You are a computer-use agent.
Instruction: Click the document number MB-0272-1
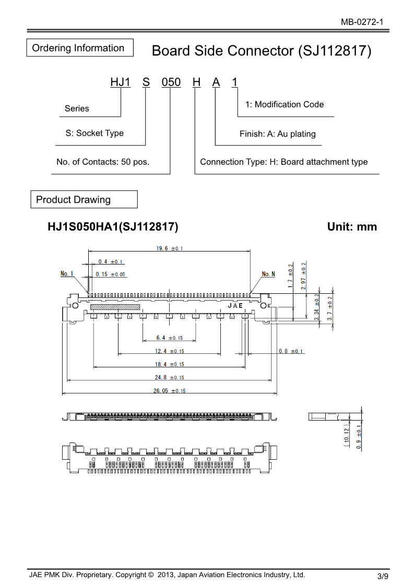(362, 22)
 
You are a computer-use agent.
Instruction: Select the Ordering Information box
(79, 48)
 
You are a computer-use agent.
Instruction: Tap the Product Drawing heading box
(84, 200)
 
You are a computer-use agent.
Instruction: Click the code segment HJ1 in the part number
(120, 82)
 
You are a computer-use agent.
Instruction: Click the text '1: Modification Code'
(285, 104)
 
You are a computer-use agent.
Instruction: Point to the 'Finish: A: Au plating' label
(278, 134)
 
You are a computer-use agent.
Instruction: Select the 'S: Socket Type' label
(94, 133)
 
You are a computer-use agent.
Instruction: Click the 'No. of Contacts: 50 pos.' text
(103, 162)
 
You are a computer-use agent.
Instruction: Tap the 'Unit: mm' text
(352, 227)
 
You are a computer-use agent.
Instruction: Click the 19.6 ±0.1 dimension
(169, 249)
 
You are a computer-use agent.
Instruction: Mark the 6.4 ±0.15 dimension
(169, 338)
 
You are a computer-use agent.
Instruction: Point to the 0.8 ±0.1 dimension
(291, 351)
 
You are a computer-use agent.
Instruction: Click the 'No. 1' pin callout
(67, 273)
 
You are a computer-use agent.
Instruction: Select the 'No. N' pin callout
(268, 273)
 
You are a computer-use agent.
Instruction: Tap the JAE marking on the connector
(235, 305)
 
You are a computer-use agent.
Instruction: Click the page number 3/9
(383, 576)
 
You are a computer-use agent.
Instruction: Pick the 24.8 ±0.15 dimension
(170, 377)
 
